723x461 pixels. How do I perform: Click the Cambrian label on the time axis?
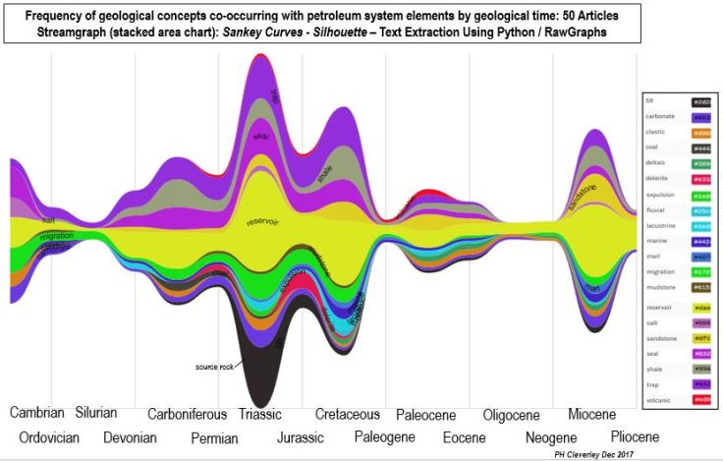37,414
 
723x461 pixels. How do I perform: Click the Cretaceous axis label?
348,415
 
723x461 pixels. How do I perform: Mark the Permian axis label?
214,438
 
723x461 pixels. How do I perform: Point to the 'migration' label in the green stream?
56,237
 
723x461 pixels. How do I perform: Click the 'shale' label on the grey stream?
325,175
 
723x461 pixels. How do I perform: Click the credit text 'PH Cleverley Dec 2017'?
597,454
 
